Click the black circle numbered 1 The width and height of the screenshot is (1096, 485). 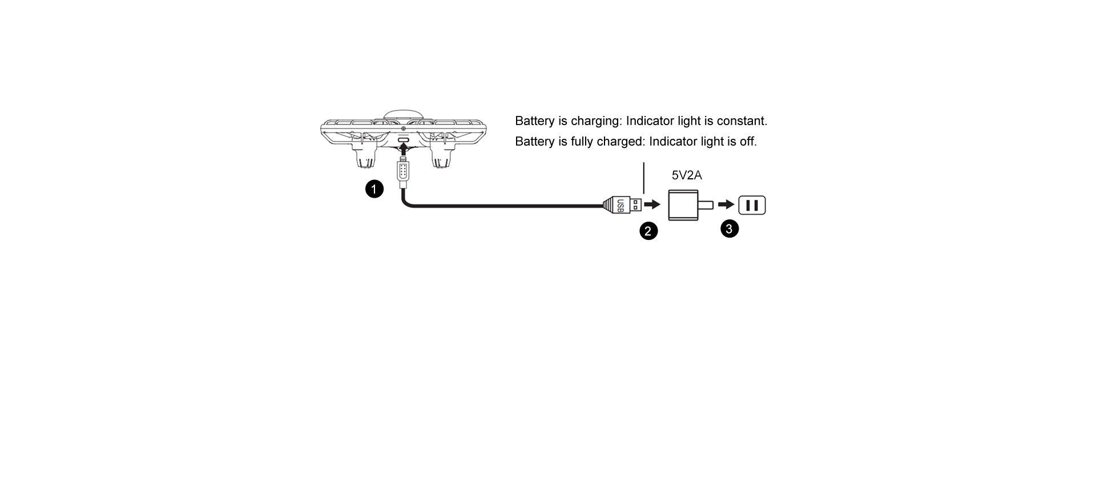point(374,189)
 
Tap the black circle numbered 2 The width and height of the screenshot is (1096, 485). point(648,231)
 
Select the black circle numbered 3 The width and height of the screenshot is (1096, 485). point(730,229)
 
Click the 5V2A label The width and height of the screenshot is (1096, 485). point(687,175)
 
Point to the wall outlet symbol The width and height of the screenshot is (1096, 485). point(752,205)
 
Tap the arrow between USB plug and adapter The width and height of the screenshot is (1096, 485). point(652,205)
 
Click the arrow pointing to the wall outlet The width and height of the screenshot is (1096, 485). point(727,205)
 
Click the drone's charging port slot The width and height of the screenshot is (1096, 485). point(404,140)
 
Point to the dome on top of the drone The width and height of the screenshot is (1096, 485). point(403,115)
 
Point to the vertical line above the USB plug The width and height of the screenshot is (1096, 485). point(644,178)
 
